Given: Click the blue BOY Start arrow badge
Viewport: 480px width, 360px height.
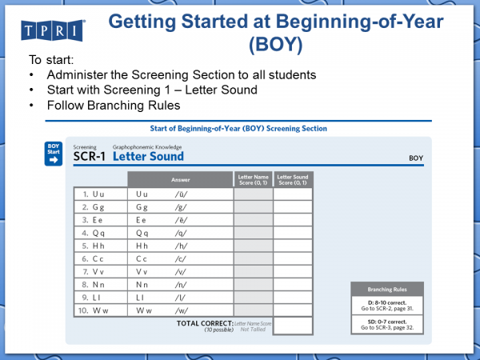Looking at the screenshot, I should point(54,154).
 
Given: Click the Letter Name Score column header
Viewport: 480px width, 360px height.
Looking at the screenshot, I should point(252,178).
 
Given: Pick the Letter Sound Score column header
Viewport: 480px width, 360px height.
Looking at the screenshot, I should point(292,178).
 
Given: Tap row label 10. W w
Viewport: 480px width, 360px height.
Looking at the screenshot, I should point(94,310).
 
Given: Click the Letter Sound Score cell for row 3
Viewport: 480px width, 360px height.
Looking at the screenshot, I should point(292,220).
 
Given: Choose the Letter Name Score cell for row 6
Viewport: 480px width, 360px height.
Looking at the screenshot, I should point(252,259).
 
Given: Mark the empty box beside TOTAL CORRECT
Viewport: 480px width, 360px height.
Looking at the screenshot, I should point(292,326).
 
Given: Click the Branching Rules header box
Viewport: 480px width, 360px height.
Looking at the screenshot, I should point(386,289).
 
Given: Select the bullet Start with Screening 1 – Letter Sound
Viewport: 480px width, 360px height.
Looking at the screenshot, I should point(152,90).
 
